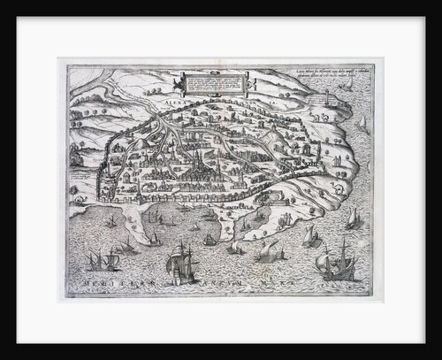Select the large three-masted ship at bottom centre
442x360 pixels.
(183, 263)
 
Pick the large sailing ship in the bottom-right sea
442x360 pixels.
(338, 262)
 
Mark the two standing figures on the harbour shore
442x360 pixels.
(285, 218)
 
